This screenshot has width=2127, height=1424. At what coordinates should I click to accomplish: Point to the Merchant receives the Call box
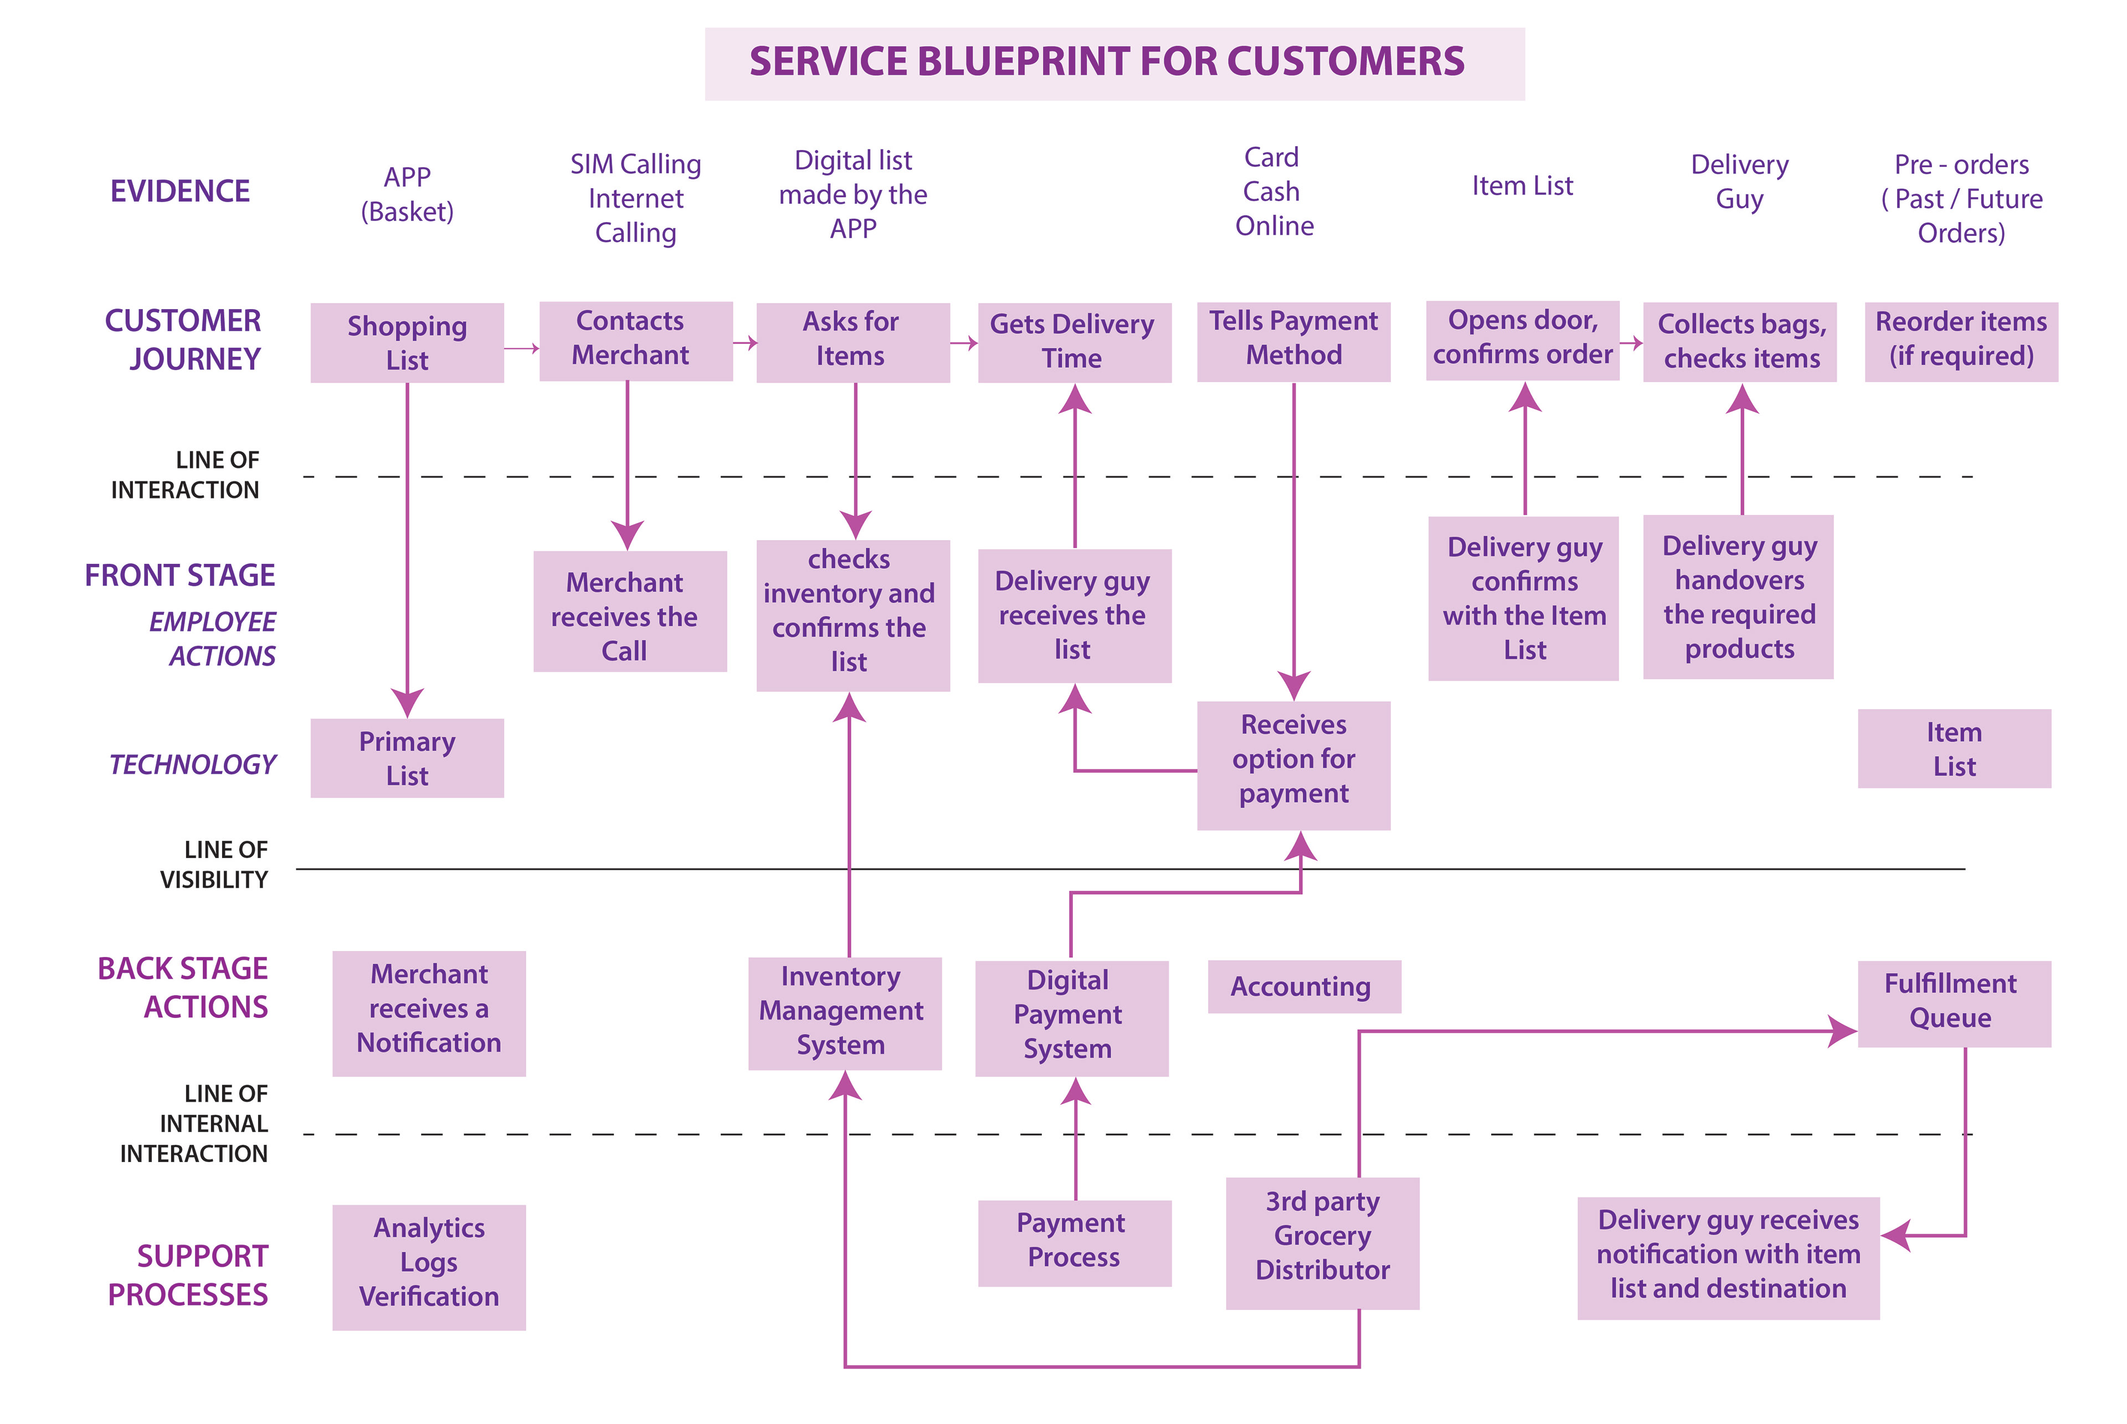[x=629, y=610]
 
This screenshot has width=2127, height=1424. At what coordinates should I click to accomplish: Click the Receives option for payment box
[x=1293, y=765]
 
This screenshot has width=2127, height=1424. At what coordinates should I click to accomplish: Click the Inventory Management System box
[x=845, y=1012]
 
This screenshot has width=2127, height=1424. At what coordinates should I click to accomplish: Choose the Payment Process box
[x=1075, y=1242]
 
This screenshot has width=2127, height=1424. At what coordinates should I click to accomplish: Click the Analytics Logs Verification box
[x=429, y=1266]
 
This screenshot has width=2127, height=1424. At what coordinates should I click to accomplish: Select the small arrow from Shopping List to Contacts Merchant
[x=521, y=348]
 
